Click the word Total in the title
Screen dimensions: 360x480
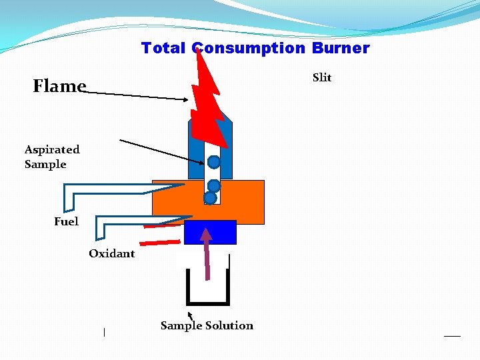(x=164, y=48)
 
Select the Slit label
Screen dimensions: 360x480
(x=322, y=77)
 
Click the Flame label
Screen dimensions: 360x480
(x=59, y=86)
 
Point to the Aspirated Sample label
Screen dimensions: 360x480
(x=52, y=157)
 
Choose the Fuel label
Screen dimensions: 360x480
(x=66, y=221)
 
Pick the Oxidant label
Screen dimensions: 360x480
(x=111, y=253)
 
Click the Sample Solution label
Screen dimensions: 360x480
(x=207, y=325)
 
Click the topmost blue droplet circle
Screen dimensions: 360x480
(x=213, y=162)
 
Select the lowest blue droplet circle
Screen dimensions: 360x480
(x=210, y=198)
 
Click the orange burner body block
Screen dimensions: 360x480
(x=243, y=202)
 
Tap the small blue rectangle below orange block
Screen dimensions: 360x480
(x=210, y=232)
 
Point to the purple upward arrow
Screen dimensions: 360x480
(x=207, y=253)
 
